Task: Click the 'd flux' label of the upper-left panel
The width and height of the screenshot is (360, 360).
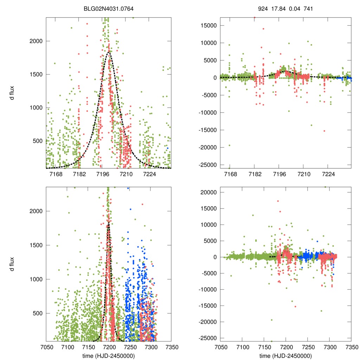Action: [12, 93]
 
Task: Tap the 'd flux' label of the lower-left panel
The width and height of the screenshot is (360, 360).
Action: [12, 264]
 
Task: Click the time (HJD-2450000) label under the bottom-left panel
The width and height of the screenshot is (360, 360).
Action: [109, 356]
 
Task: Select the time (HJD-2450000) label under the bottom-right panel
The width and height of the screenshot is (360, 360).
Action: [286, 356]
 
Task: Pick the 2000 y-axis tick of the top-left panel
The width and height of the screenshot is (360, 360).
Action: [35, 41]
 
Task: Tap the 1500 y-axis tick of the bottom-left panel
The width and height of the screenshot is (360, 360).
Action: [35, 245]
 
